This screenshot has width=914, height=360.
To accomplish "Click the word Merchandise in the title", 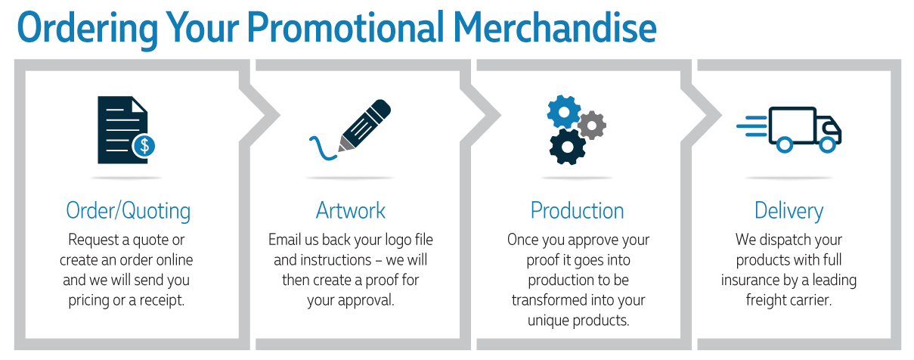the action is [555, 28].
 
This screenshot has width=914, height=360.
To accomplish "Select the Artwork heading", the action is [351, 210].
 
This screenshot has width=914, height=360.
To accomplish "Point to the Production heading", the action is [578, 210].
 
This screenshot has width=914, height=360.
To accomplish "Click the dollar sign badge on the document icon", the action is [144, 145].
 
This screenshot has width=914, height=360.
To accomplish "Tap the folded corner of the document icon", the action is [139, 104].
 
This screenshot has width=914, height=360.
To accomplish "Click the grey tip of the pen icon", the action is [345, 144].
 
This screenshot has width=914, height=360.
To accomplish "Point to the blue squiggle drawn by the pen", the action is [322, 149].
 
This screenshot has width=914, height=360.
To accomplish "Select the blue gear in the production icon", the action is [563, 112].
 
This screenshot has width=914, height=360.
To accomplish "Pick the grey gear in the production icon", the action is [592, 125].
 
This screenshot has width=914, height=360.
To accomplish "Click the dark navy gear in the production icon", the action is [568, 147].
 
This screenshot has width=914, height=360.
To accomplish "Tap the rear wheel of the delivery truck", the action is [784, 144].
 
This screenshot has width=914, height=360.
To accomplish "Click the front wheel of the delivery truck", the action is [828, 144].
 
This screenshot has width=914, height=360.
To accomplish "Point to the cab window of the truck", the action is [830, 128].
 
